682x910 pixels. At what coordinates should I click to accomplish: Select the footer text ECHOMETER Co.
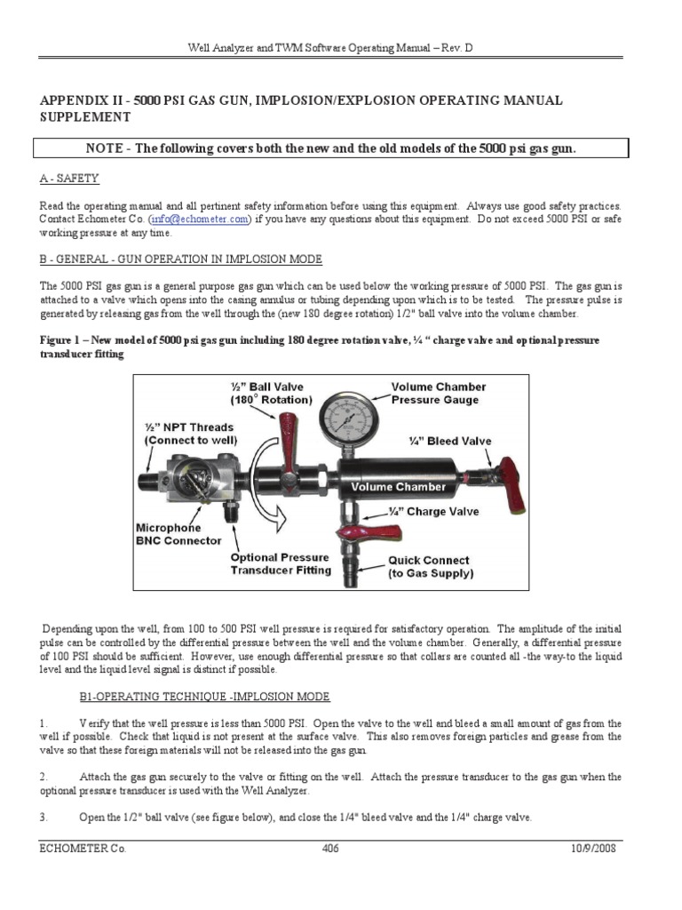83,849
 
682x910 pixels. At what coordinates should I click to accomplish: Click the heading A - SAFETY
69,178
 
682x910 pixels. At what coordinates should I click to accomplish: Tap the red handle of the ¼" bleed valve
512,486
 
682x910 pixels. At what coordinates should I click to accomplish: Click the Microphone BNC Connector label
178,534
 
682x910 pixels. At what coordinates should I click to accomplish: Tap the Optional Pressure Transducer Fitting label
281,564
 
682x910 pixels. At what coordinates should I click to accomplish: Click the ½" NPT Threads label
183,433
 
